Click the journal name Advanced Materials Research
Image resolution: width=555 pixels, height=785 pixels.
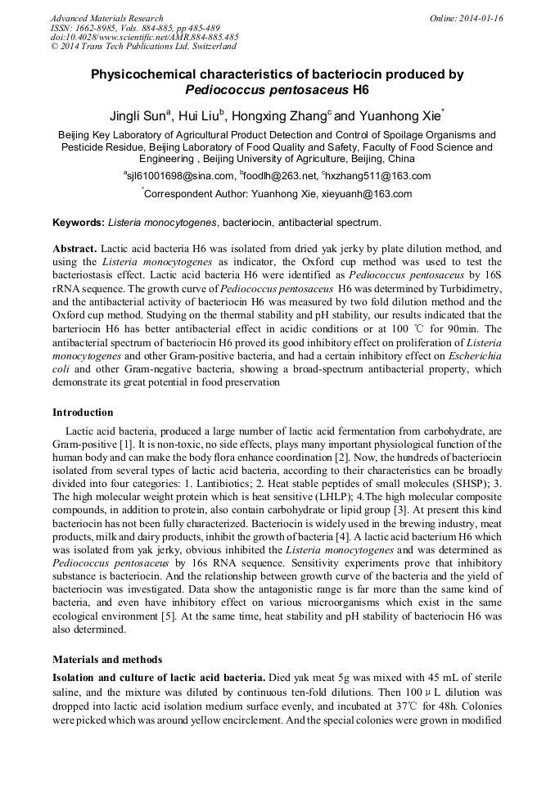tap(106, 18)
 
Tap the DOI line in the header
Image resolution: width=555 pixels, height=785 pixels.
tap(145, 38)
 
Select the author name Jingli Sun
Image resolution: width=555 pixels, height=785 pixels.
tap(140, 114)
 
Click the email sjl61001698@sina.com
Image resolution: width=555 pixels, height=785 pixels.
tap(179, 176)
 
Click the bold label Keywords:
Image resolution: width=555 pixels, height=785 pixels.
tap(79, 223)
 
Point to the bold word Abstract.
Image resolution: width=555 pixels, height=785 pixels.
tap(75, 248)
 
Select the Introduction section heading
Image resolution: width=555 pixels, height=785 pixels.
tap(83, 413)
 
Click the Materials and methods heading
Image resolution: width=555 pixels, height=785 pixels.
tap(107, 659)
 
